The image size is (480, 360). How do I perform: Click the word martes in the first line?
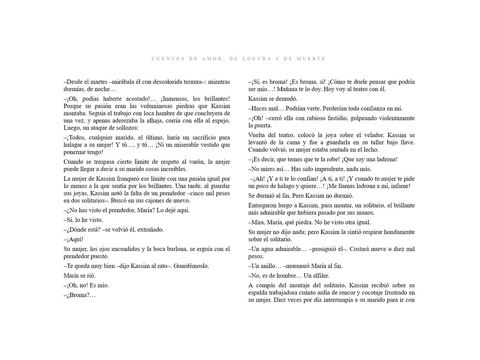click(x=98, y=82)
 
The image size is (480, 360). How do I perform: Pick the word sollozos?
click(x=124, y=128)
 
